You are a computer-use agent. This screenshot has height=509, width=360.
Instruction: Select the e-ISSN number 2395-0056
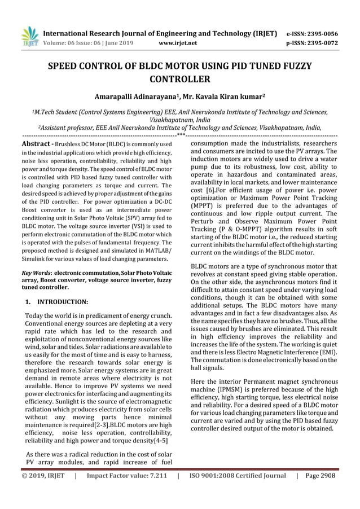click(x=320, y=33)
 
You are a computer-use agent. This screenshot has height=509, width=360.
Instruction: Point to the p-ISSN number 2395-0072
click(x=320, y=42)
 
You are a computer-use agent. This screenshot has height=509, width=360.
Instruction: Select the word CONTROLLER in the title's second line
click(x=180, y=80)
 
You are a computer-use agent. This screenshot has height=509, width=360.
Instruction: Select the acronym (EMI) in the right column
click(x=328, y=352)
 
